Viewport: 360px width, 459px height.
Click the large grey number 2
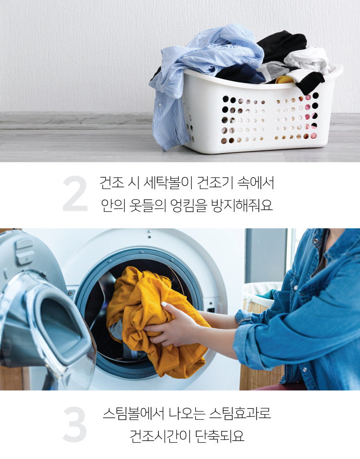75,194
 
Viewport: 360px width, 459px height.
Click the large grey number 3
75,424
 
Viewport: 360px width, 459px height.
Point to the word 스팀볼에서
134,414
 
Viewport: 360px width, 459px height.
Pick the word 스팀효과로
240,414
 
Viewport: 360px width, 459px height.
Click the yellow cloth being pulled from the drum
152,322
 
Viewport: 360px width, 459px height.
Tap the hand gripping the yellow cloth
173,325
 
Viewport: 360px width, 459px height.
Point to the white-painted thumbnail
164,304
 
